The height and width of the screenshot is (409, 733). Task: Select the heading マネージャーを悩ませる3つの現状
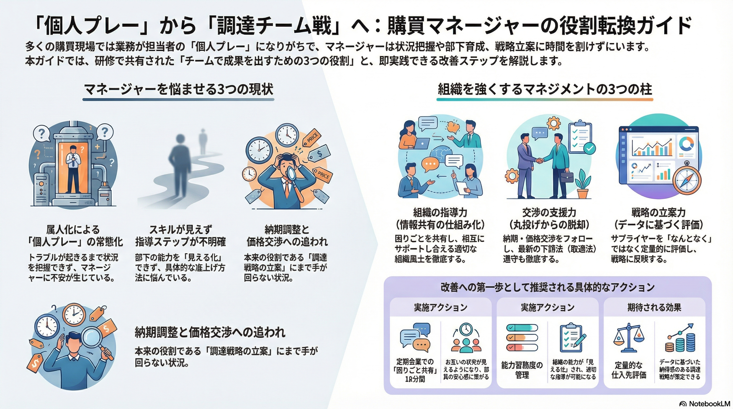coord(179,89)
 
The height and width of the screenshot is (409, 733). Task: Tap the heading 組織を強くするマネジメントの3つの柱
coord(545,89)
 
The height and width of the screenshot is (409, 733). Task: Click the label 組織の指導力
coord(440,212)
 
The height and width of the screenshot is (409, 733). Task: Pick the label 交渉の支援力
coord(549,212)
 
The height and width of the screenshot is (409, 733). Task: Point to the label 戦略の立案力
coord(658,212)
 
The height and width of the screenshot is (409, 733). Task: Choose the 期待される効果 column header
coord(654,308)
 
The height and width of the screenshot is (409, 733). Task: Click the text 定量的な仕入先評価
coord(629,370)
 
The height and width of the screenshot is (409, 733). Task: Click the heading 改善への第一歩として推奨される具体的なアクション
coord(547,288)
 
